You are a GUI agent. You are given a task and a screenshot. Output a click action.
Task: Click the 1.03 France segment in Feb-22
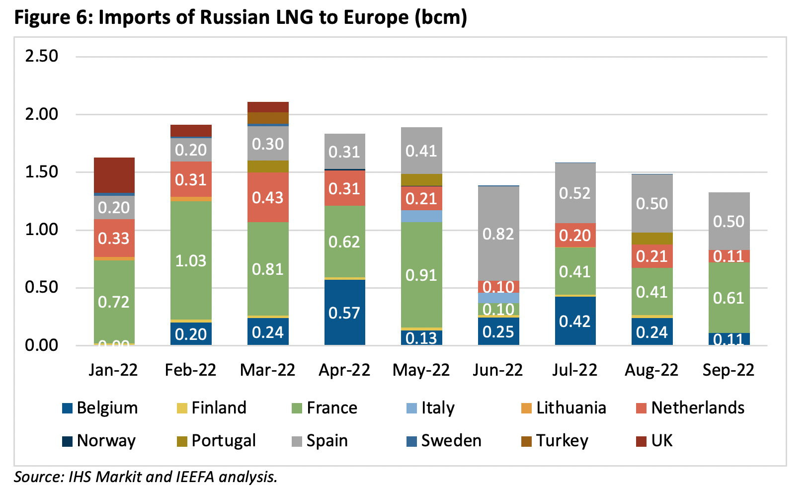(191, 260)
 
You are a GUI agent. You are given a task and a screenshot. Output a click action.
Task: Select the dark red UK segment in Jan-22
(114, 175)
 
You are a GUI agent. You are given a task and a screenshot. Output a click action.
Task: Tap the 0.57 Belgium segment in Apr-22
(344, 312)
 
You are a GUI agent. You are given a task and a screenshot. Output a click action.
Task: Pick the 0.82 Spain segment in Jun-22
(498, 234)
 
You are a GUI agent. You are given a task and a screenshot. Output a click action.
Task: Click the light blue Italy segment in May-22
(421, 216)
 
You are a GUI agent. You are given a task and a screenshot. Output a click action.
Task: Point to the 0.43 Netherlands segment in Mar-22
(268, 197)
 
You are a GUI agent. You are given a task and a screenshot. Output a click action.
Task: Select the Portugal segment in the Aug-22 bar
(652, 238)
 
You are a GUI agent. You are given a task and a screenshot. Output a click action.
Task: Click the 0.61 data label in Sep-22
(729, 298)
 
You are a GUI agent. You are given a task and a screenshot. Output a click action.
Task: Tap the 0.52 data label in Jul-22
(575, 193)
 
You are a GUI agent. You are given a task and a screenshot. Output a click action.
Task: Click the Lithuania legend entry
(570, 408)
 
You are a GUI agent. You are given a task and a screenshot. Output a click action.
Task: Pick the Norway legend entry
(105, 441)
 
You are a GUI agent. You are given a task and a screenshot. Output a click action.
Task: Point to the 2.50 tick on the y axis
(42, 56)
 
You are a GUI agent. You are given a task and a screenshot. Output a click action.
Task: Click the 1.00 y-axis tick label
(42, 230)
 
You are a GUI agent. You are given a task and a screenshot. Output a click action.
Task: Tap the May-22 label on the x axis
(421, 370)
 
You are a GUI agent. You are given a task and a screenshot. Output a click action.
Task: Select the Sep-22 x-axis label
(728, 370)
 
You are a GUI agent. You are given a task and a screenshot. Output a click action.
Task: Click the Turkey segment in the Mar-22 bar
(268, 118)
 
